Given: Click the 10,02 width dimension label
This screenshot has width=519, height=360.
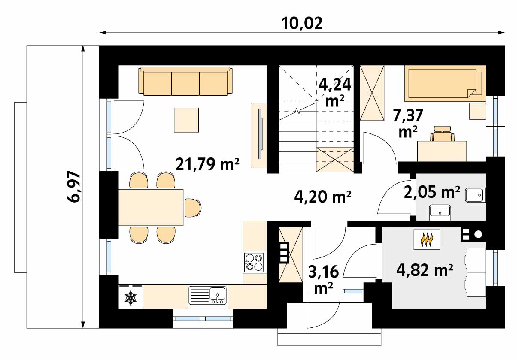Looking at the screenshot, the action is point(302,24).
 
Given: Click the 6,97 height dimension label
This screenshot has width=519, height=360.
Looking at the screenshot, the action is point(74,187).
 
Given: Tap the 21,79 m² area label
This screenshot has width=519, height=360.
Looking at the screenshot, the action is point(208,164).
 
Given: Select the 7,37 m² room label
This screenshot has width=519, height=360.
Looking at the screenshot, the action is point(408,123).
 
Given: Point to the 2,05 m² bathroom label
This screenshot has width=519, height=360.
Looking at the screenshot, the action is point(432,192).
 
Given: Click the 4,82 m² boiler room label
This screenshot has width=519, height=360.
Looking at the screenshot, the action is point(425,270).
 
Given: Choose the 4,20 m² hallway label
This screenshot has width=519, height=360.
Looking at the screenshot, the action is point(323,197).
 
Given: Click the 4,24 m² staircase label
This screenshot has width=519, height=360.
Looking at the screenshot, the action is point(335,92).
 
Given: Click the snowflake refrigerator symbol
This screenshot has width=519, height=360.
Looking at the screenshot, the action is point(131,297).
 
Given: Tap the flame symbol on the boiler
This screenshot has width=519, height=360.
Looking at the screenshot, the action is point(427,240).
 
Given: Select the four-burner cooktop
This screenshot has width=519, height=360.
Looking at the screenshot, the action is point(254,263).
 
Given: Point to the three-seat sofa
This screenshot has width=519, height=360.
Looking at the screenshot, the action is point(185,81).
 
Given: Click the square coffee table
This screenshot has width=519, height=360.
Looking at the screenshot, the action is point(186,120).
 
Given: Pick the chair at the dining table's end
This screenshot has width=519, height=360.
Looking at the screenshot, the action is point(193,208).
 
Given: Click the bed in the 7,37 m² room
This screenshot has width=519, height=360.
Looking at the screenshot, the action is point(445,83).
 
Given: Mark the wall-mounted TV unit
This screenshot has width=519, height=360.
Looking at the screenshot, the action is point(259,136).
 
